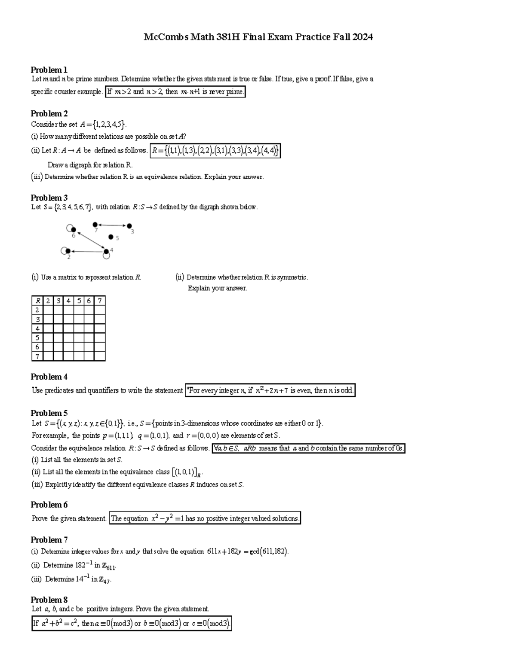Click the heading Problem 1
[49, 70]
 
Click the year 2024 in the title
[362, 37]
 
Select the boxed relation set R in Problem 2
[215, 151]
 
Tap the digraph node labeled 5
[111, 237]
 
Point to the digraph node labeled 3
[129, 225]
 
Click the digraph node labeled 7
[95, 224]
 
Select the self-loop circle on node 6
[70, 228]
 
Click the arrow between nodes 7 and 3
[112, 225]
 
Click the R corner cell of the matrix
[37, 301]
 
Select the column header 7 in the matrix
[100, 301]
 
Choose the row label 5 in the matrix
[37, 338]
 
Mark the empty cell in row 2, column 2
[48, 310]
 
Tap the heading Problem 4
[49, 377]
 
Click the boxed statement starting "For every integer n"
[270, 391]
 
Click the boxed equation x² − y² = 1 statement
[205, 518]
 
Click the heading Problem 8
[49, 600]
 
